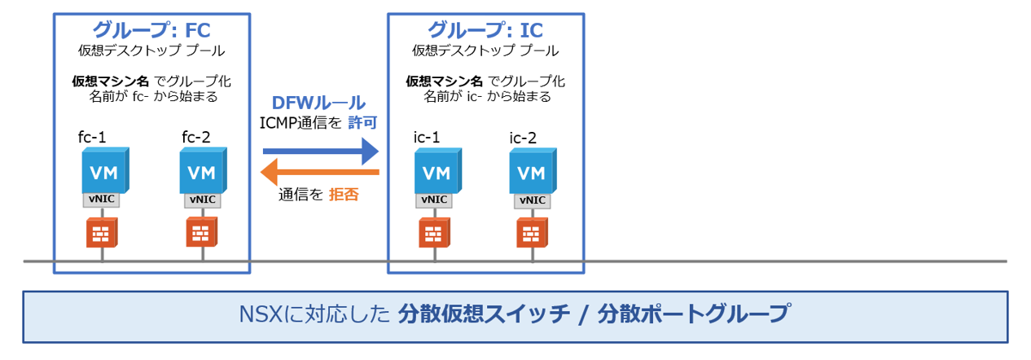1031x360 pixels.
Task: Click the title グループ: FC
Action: (x=151, y=30)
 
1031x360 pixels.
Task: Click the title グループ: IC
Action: (x=485, y=30)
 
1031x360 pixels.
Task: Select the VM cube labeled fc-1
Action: (x=104, y=171)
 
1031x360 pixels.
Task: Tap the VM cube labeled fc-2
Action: (x=202, y=171)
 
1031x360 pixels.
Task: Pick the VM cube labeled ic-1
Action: (x=436, y=171)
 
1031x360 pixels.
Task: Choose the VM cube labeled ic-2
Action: (x=533, y=171)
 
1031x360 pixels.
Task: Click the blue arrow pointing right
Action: (x=321, y=151)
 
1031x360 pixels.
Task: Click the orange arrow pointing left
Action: (x=319, y=172)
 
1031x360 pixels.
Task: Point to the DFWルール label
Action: (x=318, y=103)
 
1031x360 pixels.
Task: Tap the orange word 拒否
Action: (x=344, y=195)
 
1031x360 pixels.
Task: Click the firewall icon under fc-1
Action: (x=101, y=233)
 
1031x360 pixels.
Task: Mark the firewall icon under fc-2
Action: (x=200, y=233)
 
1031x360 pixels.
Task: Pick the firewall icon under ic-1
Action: (x=433, y=233)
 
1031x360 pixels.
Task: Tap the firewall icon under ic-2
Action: (x=530, y=233)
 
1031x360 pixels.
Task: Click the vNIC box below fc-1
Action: (x=101, y=200)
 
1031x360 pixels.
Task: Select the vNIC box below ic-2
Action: (x=531, y=200)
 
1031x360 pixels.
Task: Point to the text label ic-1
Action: (x=427, y=137)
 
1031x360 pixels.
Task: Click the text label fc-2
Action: (x=196, y=137)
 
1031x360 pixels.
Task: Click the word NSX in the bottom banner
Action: (x=260, y=314)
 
